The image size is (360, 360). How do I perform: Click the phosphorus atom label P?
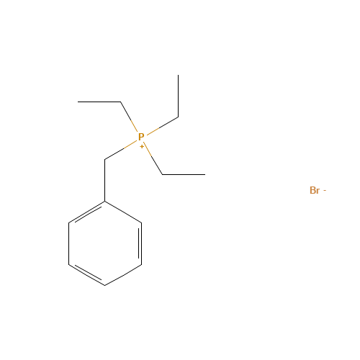pos(141,137)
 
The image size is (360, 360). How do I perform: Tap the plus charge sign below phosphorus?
pos(142,146)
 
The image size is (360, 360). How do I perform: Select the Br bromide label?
pos(315,190)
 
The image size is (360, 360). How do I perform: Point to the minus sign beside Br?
pos(325,191)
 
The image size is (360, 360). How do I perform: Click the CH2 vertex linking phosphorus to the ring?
pos(105,159)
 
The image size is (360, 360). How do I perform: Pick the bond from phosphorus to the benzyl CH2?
pos(121,150)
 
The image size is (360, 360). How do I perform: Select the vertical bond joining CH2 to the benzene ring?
pos(105,180)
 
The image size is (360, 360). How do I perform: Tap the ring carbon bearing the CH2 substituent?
pos(105,202)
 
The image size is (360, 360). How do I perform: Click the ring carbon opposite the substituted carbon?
pos(105,285)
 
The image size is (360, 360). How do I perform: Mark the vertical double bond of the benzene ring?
pos(140,243)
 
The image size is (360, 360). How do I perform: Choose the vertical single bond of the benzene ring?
pos(69,243)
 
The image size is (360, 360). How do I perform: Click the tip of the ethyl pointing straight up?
pos(178,75)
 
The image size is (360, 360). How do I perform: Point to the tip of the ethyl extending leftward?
pos(78,102)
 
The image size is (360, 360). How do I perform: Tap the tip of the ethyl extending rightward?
pos(205,174)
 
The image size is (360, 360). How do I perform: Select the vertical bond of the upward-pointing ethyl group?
pos(178,96)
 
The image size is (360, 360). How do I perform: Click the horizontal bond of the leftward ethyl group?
pos(99,102)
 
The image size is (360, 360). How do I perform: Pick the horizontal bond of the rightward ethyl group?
pos(184,174)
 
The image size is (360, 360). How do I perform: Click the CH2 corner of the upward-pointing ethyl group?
pos(178,117)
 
